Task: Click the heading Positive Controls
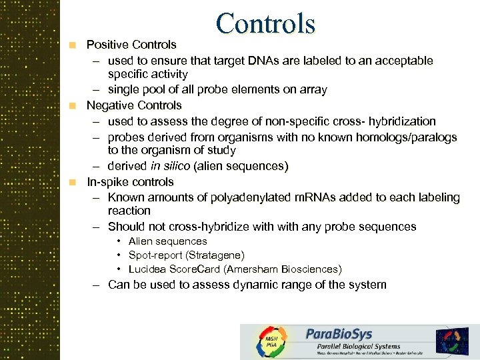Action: click(x=131, y=45)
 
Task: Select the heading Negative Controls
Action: click(x=134, y=105)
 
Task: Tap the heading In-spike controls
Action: click(x=130, y=182)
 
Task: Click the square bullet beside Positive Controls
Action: click(x=75, y=45)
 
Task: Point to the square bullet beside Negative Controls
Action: click(x=75, y=105)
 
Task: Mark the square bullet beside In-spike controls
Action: click(x=75, y=182)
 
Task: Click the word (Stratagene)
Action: click(x=217, y=255)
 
